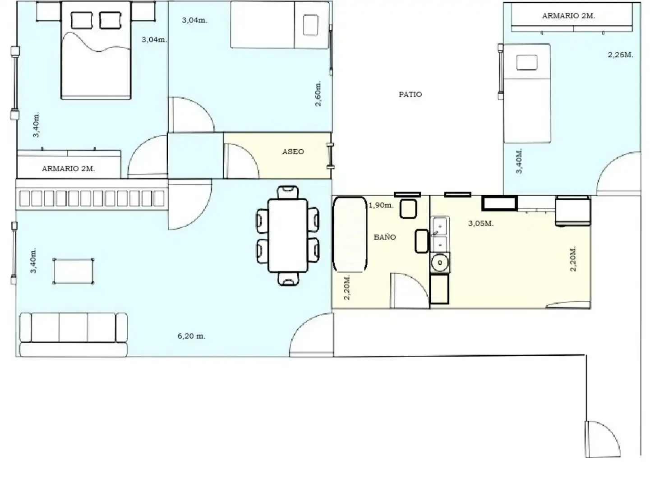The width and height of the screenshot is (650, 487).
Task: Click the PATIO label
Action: (410, 94)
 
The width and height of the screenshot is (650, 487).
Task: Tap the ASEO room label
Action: (293, 152)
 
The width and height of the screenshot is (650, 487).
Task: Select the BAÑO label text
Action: (385, 237)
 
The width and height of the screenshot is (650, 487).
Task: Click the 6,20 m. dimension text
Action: (191, 336)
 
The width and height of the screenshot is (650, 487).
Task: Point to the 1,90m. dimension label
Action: (381, 205)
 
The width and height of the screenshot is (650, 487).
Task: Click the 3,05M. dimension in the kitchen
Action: (481, 224)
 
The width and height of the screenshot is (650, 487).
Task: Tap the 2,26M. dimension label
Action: (621, 55)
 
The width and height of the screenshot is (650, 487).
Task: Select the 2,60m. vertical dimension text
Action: (318, 93)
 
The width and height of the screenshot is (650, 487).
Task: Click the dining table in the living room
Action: (288, 236)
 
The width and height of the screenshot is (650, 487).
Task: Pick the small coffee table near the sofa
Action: (73, 271)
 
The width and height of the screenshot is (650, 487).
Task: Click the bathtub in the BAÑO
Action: (350, 234)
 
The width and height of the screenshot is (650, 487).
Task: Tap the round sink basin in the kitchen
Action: (440, 262)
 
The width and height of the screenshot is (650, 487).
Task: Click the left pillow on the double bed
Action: (82, 20)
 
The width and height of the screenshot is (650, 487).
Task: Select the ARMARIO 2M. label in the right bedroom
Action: (568, 16)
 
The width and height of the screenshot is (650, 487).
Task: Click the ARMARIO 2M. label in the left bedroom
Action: (69, 169)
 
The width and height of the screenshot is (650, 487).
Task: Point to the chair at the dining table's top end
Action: (288, 192)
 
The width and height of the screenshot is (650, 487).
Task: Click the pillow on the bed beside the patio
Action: (527, 63)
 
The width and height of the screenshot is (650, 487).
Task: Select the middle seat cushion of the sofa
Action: (74, 327)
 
